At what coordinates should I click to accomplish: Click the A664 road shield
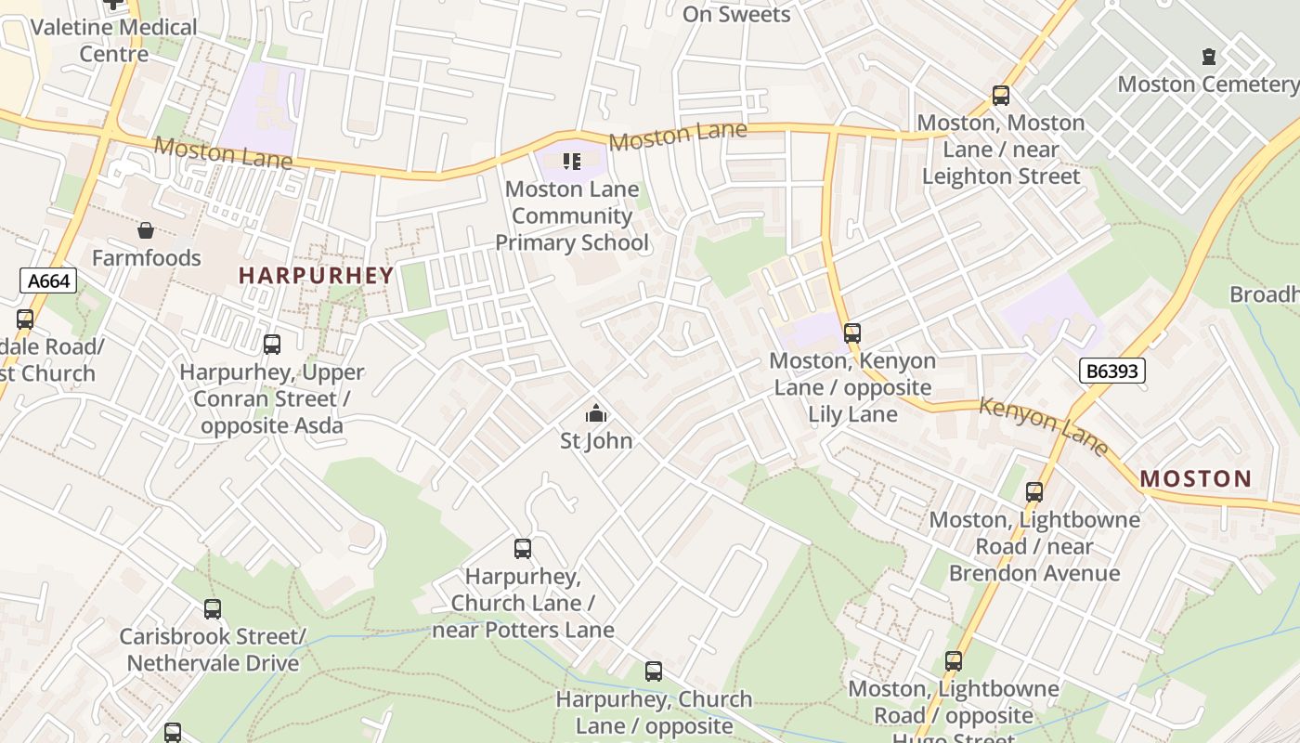[48, 280]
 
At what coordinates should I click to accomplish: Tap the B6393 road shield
[1112, 371]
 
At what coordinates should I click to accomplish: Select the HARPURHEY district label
[317, 275]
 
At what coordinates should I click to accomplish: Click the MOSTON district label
[1195, 479]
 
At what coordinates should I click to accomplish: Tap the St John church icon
[596, 413]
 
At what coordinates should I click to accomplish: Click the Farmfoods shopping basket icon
[146, 230]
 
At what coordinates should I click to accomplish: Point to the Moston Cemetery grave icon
[1208, 57]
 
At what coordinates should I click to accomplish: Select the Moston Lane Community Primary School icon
[572, 162]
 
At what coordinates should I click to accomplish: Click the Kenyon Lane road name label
[1044, 425]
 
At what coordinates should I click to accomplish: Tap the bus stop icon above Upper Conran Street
[272, 345]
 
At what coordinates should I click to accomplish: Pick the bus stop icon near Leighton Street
[1000, 95]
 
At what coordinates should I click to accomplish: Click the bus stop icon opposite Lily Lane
[852, 332]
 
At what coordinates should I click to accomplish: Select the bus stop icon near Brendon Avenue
[1034, 492]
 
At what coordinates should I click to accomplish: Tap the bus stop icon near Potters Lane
[523, 549]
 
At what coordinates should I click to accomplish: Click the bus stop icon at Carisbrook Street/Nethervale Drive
[213, 609]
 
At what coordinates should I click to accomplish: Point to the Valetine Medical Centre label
[113, 40]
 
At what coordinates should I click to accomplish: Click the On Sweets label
[736, 14]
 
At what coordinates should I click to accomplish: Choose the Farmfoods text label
[146, 258]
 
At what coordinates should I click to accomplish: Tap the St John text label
[596, 440]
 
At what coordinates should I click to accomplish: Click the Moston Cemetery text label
[1206, 85]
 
